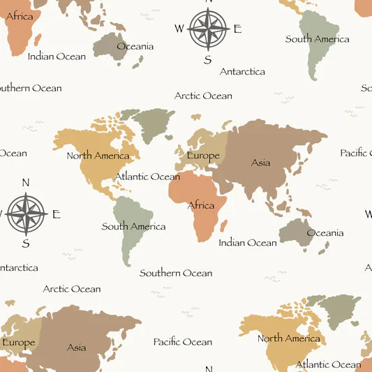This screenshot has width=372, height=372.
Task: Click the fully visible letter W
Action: coord(179,29)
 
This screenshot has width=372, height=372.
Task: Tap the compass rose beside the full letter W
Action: coord(208,29)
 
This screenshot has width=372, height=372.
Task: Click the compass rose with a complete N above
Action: coord(26,214)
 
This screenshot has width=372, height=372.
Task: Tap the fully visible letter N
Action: coord(26,183)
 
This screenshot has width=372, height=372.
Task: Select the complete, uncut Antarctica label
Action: coord(242,71)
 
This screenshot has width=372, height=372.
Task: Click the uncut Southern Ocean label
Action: coord(176,273)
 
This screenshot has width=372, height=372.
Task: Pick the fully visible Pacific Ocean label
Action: coord(183,341)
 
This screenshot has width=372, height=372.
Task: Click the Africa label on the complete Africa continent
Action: coord(201,206)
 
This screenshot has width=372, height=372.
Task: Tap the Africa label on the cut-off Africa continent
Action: coord(19,16)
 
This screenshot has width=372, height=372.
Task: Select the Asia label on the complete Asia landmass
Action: coord(260,163)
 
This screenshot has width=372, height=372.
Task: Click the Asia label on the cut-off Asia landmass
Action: coord(77,347)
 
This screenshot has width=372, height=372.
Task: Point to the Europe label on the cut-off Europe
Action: coord(19,343)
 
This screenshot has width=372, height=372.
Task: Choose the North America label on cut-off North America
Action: coord(288,338)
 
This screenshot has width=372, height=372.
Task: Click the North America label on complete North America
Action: coord(98,156)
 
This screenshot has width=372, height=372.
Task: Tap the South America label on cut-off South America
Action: coord(317,39)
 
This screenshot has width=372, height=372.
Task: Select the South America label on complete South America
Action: coord(133,226)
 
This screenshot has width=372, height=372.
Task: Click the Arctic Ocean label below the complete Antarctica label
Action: coord(203,96)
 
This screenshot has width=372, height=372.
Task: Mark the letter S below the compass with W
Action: coord(207,60)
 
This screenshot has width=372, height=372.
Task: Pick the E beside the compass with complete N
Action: coord(57,214)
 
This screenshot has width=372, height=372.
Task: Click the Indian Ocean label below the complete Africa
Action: coord(248,243)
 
